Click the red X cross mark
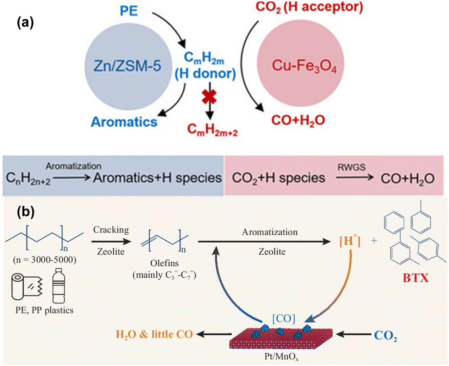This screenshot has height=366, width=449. pyautogui.click(x=209, y=97)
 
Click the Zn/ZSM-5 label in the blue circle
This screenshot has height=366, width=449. pyautogui.click(x=127, y=66)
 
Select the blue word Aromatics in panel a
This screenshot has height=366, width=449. pyautogui.click(x=124, y=122)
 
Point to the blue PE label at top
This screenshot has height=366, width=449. pyautogui.click(x=129, y=11)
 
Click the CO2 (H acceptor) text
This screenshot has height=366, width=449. pyautogui.click(x=309, y=6)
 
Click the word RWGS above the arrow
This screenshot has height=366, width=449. pyautogui.click(x=351, y=167)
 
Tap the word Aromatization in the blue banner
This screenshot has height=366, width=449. pyautogui.click(x=74, y=166)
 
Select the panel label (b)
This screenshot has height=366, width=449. pyautogui.click(x=26, y=212)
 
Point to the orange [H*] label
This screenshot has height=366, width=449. pyautogui.click(x=350, y=242)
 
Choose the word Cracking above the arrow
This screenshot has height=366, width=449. pyautogui.click(x=111, y=230)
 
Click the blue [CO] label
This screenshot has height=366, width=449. pyautogui.click(x=284, y=318)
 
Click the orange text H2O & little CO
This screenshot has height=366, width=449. pyautogui.click(x=154, y=334)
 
